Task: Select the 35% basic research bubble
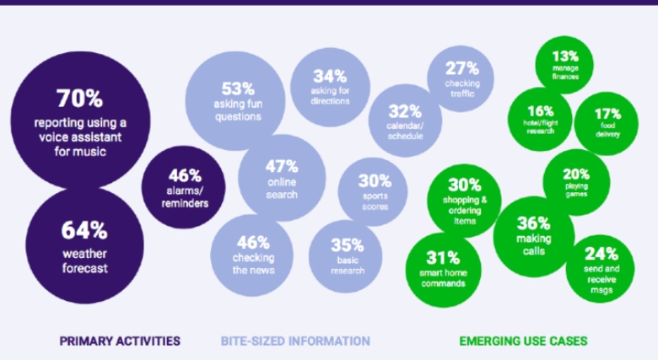point(347,255)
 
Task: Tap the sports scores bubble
point(374,191)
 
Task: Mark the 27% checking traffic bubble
point(462,77)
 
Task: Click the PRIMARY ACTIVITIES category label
point(120,341)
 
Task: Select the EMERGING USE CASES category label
point(523,341)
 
